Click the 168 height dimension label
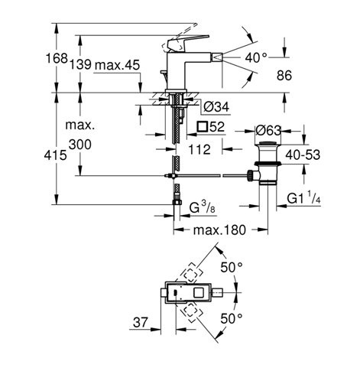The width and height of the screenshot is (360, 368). pos(57,58)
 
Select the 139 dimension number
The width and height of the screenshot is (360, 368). pos(80,64)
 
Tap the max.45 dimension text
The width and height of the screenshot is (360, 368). pos(117,65)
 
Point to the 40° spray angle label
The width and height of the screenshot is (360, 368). pos(256,58)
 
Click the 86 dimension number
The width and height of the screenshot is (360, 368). pos(284,76)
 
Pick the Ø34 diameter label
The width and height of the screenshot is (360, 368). pos(216,106)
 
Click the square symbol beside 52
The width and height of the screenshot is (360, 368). pos(203,127)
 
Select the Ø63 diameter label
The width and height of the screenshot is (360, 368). pos(268,131)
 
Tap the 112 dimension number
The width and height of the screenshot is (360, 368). pos(199,149)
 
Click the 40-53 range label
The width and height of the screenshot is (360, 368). pos(303,155)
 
